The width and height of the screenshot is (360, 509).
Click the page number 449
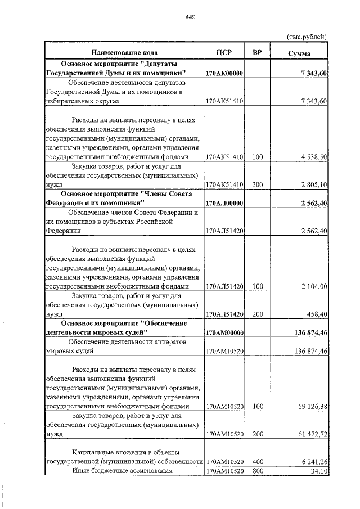pos(190,17)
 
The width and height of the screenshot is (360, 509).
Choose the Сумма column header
pos(299,53)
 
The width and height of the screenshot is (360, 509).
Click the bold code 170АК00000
pos(224,74)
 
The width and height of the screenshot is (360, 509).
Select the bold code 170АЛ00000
pos(224,203)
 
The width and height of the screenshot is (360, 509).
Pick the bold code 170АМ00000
pos(224,333)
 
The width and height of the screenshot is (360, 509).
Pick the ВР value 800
pos(258,470)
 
